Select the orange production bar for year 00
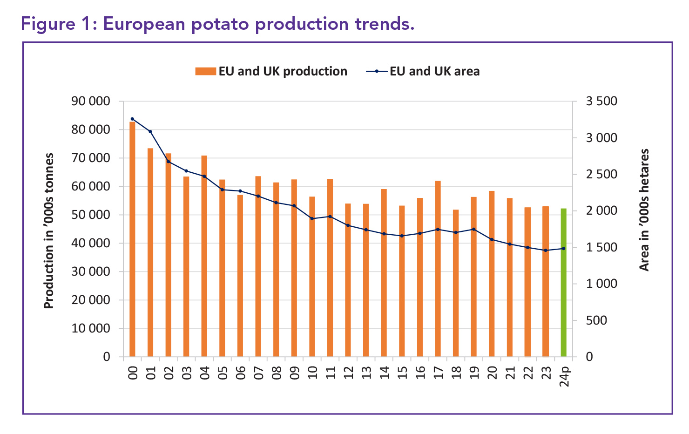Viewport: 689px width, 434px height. coord(132,239)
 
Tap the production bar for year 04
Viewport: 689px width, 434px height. coord(204,256)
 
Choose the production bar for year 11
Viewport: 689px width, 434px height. coord(330,268)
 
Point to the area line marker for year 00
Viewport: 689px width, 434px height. coord(132,119)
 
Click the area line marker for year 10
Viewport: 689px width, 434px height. coord(312,218)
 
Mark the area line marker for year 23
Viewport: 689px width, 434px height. coord(546,251)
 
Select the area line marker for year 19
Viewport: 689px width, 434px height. coord(473,229)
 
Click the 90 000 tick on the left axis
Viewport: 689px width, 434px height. coord(91,101)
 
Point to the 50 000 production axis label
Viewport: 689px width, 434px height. coord(91,215)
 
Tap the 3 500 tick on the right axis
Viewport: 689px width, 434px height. coord(601,101)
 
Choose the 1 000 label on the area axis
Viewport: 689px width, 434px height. coord(601,284)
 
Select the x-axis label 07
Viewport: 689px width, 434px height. coord(258,373)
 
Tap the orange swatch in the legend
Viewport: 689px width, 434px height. coord(205,71)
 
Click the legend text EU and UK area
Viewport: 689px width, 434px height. coord(434,71)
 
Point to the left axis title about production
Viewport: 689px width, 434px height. coord(49,231)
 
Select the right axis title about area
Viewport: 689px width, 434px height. coord(644,210)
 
